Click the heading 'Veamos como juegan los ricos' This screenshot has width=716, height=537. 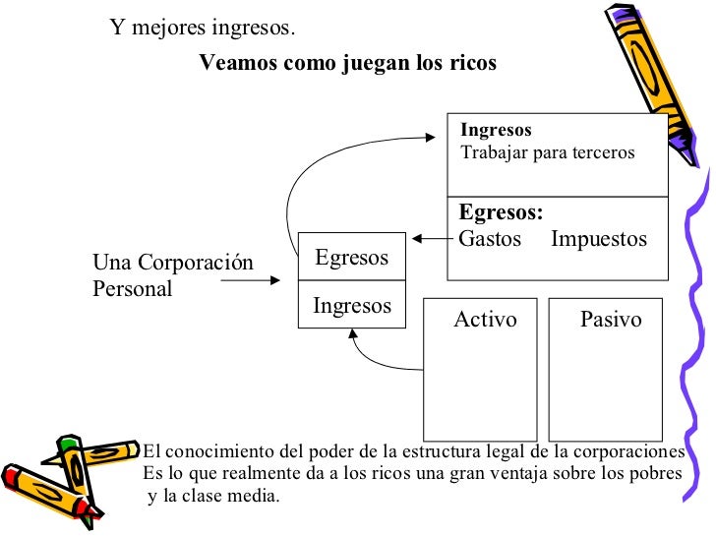point(347,63)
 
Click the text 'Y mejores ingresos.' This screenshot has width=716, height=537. point(202,27)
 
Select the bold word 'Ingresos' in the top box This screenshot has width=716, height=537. point(496,130)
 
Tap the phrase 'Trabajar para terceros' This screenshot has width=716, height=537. point(547,153)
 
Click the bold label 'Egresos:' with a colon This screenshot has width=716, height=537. point(501,213)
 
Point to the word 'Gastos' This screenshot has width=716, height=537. point(490,239)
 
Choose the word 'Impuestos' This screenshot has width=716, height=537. point(599,239)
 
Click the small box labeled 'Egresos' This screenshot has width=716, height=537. point(351,258)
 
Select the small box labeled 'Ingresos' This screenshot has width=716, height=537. point(351,306)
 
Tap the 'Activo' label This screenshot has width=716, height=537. point(485,320)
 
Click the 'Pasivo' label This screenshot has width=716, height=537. point(611,320)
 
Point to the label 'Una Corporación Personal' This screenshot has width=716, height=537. point(172,275)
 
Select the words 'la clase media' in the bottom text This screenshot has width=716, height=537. point(222,496)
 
